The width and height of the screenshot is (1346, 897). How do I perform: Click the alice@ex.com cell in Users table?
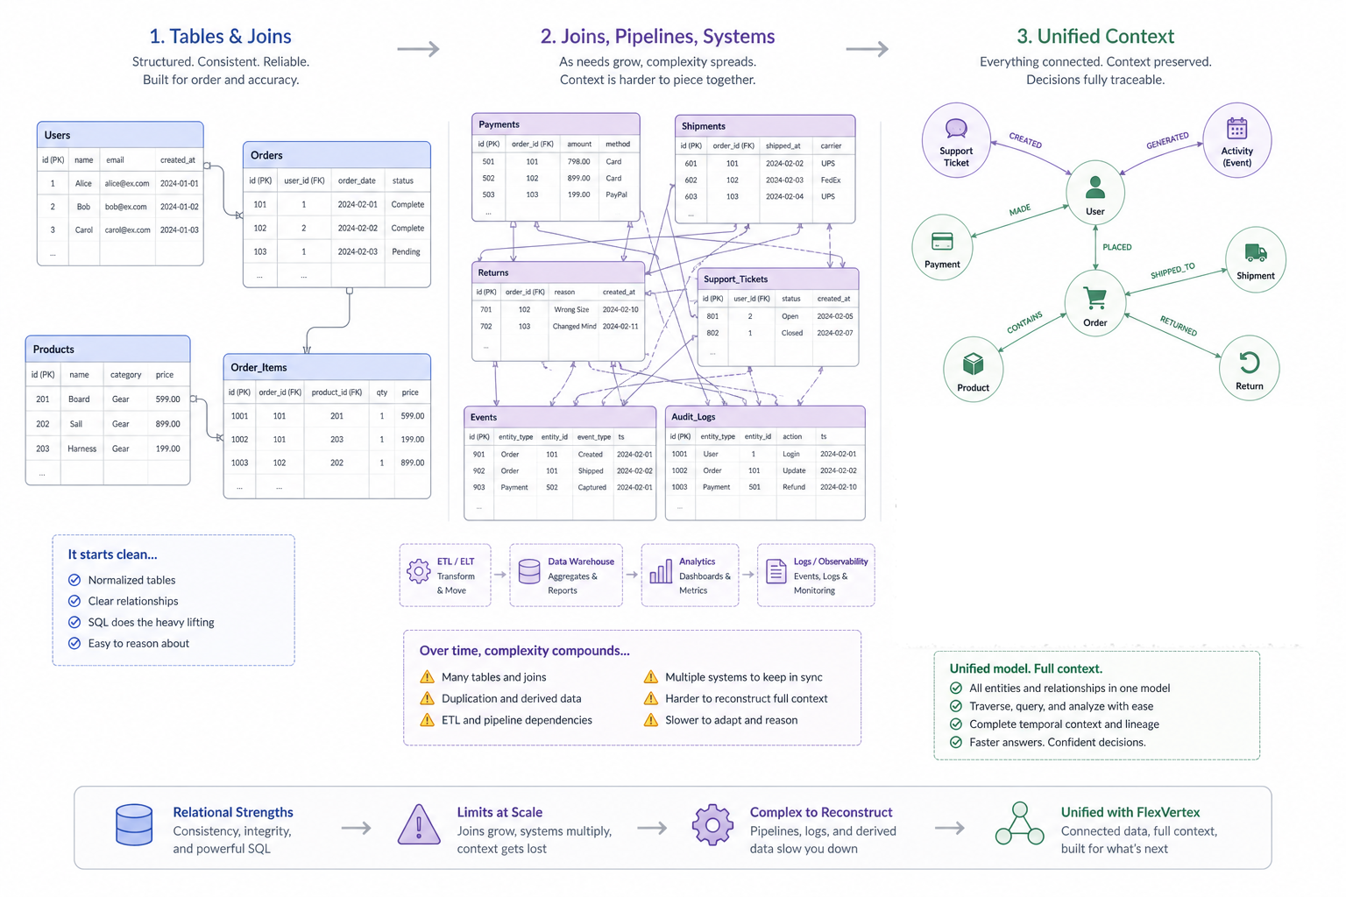127,184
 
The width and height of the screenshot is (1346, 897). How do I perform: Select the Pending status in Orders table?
406,252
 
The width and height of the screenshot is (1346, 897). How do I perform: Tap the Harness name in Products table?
81,449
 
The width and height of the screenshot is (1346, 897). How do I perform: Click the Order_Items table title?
259,368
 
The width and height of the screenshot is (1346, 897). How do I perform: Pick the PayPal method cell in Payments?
616,195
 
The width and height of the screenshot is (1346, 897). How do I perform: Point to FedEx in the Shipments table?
830,180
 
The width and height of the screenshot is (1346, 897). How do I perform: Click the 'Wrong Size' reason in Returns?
571,310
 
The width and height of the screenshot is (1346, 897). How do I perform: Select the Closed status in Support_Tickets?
791,334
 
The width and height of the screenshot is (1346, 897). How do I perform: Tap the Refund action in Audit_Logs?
794,488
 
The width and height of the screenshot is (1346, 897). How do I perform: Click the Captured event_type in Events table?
592,488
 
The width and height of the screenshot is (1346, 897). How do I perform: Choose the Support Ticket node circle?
956,140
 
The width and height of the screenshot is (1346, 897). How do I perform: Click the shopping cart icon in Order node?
1095,298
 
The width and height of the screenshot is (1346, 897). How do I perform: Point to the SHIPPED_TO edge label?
1172,272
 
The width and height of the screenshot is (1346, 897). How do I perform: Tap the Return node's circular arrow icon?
1249,362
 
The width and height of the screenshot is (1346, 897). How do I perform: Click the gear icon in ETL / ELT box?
418,571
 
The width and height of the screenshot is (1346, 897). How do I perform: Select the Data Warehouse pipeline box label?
580,562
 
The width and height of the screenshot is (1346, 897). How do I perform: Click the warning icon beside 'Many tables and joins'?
427,677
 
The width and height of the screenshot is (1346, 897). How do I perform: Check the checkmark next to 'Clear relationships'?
74,601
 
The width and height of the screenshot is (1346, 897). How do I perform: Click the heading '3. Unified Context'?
1095,37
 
